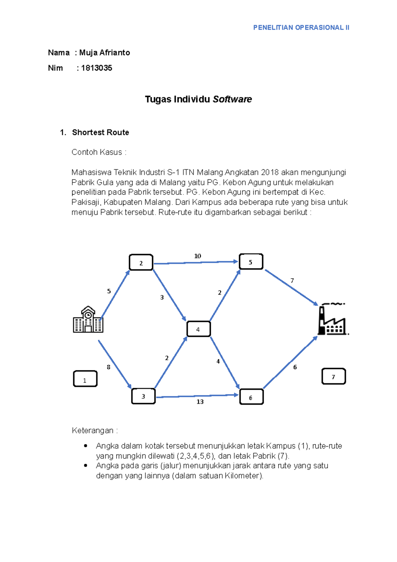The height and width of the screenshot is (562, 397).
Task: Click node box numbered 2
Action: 141,262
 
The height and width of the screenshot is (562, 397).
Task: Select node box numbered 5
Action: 251,262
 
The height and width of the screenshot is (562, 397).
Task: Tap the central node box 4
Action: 198,329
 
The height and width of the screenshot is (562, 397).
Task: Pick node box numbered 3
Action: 143,396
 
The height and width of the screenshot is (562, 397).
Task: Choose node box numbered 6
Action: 251,397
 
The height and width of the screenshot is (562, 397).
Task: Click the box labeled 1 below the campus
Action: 85,379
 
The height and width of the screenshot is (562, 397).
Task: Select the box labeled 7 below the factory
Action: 333,376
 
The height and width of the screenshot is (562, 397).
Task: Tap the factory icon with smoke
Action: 332,319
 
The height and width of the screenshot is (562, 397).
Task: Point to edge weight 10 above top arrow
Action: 198,256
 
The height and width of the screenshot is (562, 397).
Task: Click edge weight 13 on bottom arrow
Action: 200,402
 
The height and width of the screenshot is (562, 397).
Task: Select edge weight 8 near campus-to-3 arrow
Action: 108,367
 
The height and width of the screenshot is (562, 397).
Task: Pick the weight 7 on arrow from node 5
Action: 292,281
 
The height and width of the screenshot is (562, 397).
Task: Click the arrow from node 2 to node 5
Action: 195,263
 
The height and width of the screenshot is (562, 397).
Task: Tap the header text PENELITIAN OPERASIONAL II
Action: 301,28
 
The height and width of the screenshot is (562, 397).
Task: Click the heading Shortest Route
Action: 101,132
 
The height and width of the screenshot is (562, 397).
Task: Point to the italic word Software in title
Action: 232,99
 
